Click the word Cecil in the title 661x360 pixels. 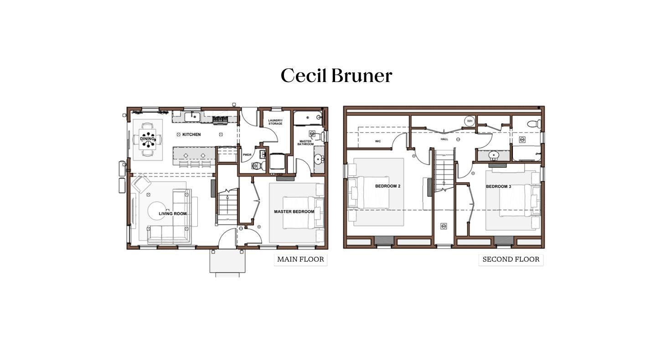tap(304, 75)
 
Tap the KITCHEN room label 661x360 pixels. tap(191, 134)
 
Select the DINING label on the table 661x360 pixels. tap(147, 139)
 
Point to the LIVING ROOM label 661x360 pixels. tap(173, 214)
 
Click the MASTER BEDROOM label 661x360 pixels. tap(294, 211)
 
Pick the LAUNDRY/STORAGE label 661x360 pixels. tap(275, 122)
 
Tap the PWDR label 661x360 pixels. tap(247, 154)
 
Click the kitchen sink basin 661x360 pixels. tap(192, 117)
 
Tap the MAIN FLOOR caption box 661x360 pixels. tap(300, 260)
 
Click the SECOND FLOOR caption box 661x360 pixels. tap(511, 260)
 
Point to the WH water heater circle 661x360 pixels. tap(470, 121)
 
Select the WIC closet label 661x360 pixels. tap(378, 141)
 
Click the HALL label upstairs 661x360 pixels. tap(444, 139)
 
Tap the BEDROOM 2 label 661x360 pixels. tap(388, 186)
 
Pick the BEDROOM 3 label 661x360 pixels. tap(499, 186)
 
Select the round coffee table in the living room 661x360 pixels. tap(156, 211)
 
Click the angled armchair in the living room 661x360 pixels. tap(141, 184)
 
